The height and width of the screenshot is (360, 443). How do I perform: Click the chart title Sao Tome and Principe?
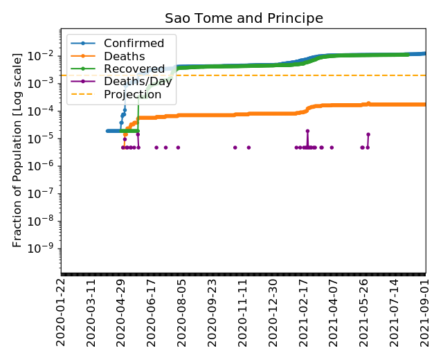tap(244, 19)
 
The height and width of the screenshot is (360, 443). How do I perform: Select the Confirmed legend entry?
tap(134, 44)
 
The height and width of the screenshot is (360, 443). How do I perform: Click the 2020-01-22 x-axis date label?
tap(62, 312)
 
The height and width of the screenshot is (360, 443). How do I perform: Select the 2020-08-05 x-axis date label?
tap(183, 312)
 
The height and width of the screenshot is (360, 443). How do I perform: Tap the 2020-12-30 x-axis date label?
tap(274, 312)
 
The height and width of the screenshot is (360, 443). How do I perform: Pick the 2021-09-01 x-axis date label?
tap(426, 312)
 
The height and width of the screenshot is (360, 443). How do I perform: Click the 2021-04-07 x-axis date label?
tap(335, 312)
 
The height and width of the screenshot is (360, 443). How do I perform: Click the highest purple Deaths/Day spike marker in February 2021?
tap(307, 131)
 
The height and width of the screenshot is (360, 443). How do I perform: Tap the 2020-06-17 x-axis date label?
tap(152, 312)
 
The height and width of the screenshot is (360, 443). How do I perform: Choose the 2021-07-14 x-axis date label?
tap(396, 312)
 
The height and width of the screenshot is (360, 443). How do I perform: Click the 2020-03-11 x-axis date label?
tap(92, 312)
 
